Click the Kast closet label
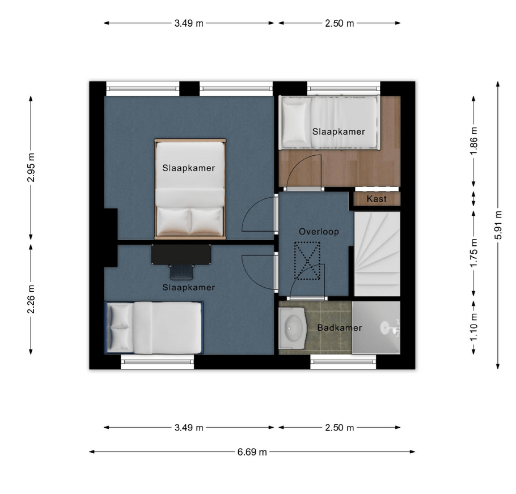pyautogui.click(x=377, y=199)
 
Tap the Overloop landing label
pyautogui.click(x=319, y=232)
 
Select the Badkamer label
pyautogui.click(x=339, y=327)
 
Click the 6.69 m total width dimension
pyautogui.click(x=252, y=452)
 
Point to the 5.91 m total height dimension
pyautogui.click(x=498, y=225)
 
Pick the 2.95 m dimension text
pyautogui.click(x=31, y=168)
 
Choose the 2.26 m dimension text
pyautogui.click(x=31, y=299)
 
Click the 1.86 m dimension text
pyautogui.click(x=473, y=141)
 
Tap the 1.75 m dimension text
pyautogui.click(x=473, y=253)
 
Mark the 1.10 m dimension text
pyautogui.click(x=473, y=327)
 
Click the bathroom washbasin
pyautogui.click(x=293, y=328)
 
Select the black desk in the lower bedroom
pyautogui.click(x=181, y=254)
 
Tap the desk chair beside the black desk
pyautogui.click(x=181, y=272)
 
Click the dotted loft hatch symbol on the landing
pyautogui.click(x=307, y=261)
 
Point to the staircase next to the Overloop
pyautogui.click(x=377, y=254)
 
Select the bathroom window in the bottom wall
pyautogui.click(x=343, y=362)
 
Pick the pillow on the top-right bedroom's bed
pyautogui.click(x=294, y=121)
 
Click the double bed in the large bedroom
pyautogui.click(x=190, y=189)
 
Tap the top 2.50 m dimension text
pyautogui.click(x=340, y=23)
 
